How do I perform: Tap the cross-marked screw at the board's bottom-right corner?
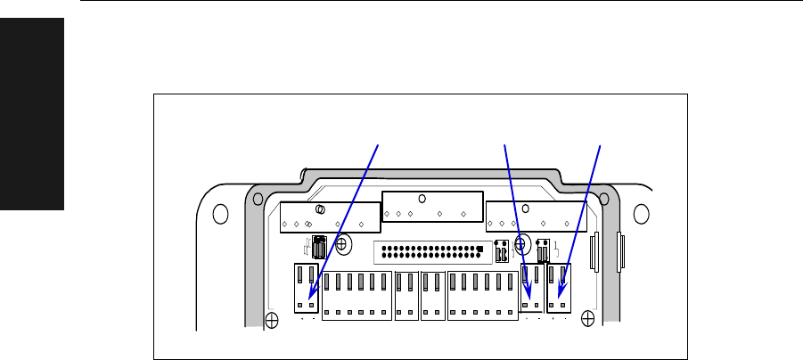[x=586, y=317]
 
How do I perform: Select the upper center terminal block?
[x=431, y=207]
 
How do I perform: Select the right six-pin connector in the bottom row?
[x=482, y=294]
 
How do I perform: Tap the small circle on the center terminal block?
[x=422, y=199]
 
